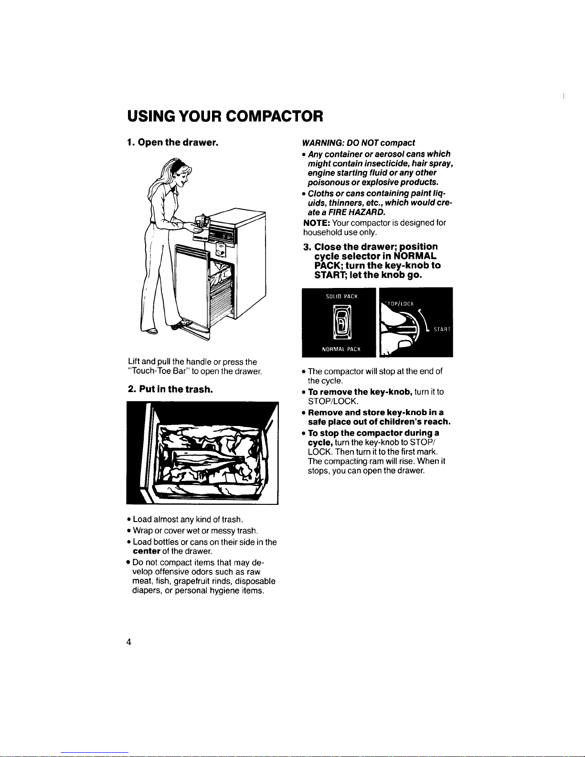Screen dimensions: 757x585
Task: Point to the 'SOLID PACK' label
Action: pyautogui.click(x=339, y=297)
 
